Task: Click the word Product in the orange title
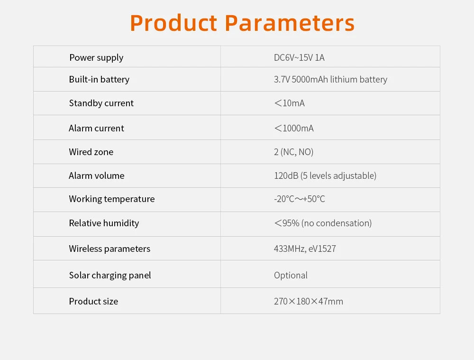pos(173,23)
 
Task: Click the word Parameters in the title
pos(290,23)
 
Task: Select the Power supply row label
pos(96,57)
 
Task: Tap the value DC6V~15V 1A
pos(299,57)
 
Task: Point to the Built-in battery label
pos(99,79)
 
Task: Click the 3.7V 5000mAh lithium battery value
pos(330,79)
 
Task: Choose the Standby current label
pos(101,103)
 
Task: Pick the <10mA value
pos(289,103)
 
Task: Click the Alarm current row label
pos(96,128)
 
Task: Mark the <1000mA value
pos(293,128)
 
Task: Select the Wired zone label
pos(91,152)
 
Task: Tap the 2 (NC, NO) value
pos(293,152)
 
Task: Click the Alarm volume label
pos(97,175)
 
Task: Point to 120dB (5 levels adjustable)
pos(325,175)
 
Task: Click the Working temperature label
pos(112,199)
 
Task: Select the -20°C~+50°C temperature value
pos(300,199)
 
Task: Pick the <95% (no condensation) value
pos(323,223)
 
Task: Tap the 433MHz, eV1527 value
pos(305,249)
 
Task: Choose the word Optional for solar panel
pos(291,275)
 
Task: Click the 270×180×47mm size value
pos(309,301)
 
